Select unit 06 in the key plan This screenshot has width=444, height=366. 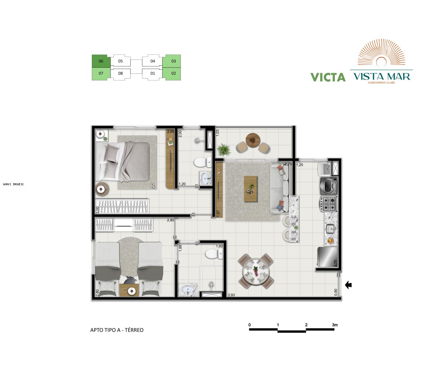[101, 61]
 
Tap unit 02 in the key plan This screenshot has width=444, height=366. [173, 73]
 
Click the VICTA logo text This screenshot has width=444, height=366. [328, 77]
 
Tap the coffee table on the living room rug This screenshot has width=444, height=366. [251, 189]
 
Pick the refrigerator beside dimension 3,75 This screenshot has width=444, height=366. [327, 257]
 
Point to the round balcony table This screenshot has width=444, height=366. [252, 139]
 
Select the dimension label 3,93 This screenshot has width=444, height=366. [231, 295]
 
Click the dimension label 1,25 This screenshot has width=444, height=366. [299, 165]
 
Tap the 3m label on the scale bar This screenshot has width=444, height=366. [335, 325]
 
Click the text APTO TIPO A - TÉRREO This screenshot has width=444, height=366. [117, 330]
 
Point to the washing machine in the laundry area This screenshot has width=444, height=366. [329, 186]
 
